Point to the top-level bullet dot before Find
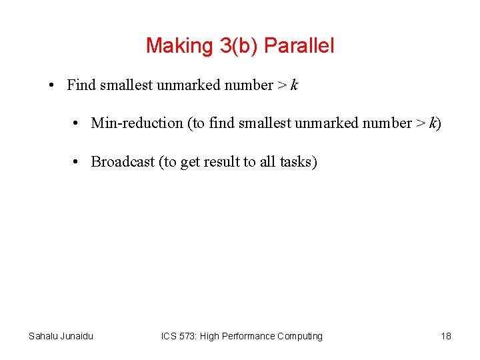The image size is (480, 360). pyautogui.click(x=51, y=85)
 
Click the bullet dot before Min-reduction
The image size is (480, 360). pyautogui.click(x=79, y=123)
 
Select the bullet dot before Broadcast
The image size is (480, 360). pyautogui.click(x=79, y=162)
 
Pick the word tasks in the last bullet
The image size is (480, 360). pyautogui.click(x=297, y=162)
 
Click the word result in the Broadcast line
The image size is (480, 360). pyautogui.click(x=219, y=162)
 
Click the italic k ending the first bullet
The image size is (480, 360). pyautogui.click(x=294, y=85)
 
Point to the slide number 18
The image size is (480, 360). pyautogui.click(x=446, y=336)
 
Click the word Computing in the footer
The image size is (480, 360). pyautogui.click(x=301, y=336)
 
